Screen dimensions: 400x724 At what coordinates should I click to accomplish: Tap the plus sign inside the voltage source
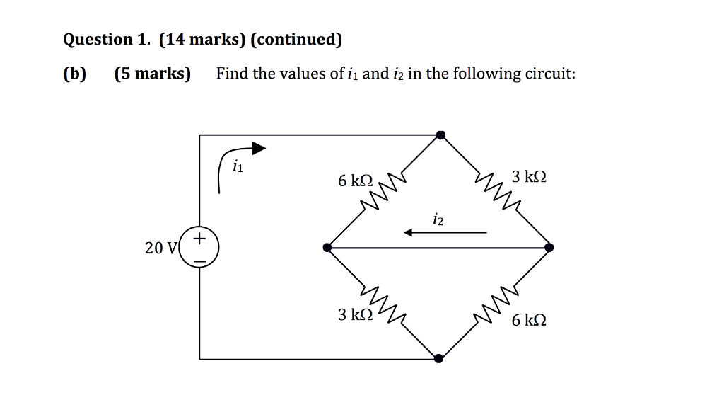coord(200,238)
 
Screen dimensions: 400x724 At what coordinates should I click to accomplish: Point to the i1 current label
coord(238,167)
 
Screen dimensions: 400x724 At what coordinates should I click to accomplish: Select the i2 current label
coord(438,221)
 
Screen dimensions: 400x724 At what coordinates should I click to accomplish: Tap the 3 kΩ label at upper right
coord(530,176)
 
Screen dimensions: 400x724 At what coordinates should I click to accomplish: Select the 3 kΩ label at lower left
coord(354,314)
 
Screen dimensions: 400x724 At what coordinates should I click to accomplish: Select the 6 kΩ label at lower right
coord(529,321)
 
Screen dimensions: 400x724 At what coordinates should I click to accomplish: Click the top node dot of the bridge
coord(440,135)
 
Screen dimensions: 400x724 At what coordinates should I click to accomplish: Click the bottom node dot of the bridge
coord(438,358)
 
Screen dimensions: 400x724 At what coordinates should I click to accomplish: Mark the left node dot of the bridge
coord(327,247)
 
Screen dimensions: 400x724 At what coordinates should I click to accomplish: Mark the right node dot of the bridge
coord(549,247)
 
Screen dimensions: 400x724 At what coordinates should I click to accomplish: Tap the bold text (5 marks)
coord(153,74)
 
